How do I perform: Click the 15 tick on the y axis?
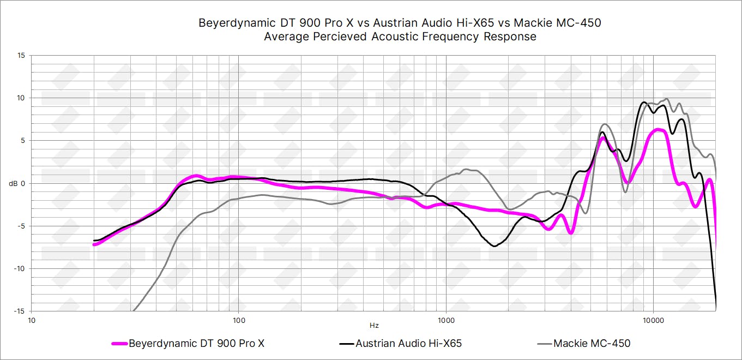pos(21,56)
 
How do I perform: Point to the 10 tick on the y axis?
pos(21,98)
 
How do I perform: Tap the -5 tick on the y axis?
pos(20,226)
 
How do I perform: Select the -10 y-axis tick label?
pos(19,268)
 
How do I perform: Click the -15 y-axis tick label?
pos(19,311)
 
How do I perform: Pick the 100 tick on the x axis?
pos(238,320)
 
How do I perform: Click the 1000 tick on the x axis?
pos(446,320)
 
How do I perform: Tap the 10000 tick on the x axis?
pos(653,320)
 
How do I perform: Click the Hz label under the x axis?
pos(373,326)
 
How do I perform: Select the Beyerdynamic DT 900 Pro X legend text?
pos(196,344)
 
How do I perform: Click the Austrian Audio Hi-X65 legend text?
pos(408,344)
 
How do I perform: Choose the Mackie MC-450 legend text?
pos(592,344)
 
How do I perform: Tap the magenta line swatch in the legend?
pos(119,344)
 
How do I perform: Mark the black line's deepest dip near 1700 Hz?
pos(494,247)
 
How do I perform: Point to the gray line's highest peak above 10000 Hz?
pos(667,99)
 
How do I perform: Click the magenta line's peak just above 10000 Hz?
pos(659,129)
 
